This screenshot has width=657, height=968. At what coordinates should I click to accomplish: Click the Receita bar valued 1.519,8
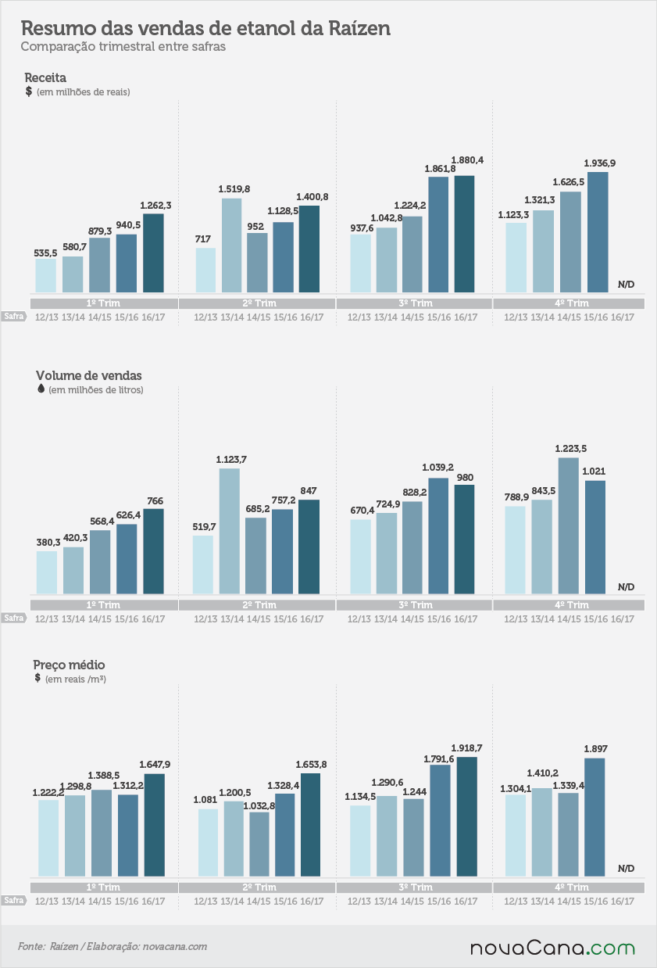pos(232,246)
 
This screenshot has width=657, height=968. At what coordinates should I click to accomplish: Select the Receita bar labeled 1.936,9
pos(598,232)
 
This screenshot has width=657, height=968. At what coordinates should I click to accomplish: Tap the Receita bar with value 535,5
pos(46,276)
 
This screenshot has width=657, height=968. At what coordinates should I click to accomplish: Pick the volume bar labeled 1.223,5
pos(569,525)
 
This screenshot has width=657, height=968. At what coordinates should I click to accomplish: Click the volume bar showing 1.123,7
pos(229,531)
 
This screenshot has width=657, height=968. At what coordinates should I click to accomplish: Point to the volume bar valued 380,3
pos(47,572)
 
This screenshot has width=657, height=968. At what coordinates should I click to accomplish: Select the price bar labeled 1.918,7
pos(467,816)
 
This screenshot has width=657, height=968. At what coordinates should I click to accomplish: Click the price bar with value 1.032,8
pos(259,844)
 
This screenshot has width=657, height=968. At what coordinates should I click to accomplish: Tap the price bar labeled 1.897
pos(595,817)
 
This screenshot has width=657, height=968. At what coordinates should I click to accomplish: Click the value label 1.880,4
pos(467,160)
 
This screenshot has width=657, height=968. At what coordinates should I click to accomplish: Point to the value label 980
pos(465,478)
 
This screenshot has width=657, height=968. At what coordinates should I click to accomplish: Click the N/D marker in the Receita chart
pos(626,285)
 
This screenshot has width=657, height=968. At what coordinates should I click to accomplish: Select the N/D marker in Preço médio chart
pos(626,868)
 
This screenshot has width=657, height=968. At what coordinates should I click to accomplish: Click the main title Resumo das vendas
pos(205,28)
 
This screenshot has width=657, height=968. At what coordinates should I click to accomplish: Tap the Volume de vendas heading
pos(89,375)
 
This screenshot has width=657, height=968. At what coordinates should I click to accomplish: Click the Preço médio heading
pos(69,665)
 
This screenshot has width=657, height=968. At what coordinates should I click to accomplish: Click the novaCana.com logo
pos(552,948)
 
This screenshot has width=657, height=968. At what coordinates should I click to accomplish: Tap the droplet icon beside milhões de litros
pos(41,389)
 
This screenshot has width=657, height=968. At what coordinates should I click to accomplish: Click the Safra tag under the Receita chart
pos(14,317)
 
